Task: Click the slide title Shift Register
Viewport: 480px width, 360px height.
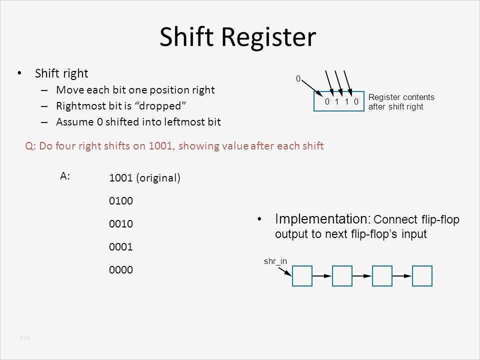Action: point(237,37)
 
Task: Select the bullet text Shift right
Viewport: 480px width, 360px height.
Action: point(61,73)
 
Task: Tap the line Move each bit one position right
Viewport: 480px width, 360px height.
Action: point(135,90)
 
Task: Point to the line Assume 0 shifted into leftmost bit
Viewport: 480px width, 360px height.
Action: point(138,121)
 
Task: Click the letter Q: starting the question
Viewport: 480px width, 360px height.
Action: point(30,146)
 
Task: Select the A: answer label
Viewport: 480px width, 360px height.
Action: point(65,175)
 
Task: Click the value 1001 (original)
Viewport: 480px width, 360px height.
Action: point(144,177)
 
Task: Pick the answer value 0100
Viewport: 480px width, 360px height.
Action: point(120,201)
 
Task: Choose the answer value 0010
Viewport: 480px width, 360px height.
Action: point(120,224)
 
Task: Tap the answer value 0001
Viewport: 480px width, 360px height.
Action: point(120,247)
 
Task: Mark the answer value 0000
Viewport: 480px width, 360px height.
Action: point(120,270)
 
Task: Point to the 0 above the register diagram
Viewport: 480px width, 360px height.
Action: point(298,79)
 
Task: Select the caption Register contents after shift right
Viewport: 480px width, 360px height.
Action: point(401,101)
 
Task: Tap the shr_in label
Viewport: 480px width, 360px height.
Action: point(273,261)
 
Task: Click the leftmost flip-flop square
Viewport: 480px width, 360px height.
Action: point(302,275)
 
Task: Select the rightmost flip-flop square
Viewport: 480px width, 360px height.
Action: point(422,275)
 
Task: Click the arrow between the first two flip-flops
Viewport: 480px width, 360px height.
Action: point(322,275)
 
